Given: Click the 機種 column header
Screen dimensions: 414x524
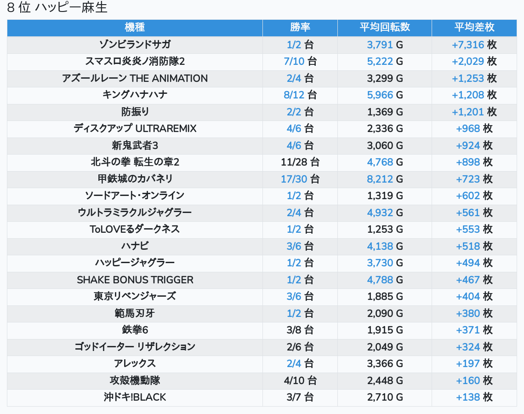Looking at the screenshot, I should tap(135, 28).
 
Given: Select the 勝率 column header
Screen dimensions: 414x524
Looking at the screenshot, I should tap(300, 28).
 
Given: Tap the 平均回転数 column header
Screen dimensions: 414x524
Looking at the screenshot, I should tap(385, 28).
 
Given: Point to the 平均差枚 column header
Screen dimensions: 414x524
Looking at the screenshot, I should tap(474, 28).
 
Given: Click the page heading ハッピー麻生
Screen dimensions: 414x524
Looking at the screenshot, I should tap(57, 8).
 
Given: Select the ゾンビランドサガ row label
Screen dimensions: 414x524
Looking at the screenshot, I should tap(135, 45).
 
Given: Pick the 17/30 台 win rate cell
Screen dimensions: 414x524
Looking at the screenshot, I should tap(300, 179).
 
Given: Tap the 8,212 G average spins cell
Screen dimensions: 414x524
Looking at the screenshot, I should tap(385, 179).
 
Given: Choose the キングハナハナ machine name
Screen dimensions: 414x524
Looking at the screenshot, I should tap(135, 95).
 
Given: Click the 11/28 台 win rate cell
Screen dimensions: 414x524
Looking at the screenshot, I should tap(300, 162).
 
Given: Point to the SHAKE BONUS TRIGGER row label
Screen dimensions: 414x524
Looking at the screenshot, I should tap(135, 280).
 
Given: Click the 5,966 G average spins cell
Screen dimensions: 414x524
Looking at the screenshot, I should tap(385, 95).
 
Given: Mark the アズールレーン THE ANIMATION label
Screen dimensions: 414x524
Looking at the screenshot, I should tap(135, 78).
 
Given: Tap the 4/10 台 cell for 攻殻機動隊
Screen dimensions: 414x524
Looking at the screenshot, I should tap(300, 380).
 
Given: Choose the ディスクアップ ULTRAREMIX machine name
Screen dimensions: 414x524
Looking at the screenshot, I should tap(135, 129).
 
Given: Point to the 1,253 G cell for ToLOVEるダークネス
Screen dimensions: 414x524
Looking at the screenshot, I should tap(385, 230).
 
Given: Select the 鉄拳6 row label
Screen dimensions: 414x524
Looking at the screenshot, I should tap(135, 330).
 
